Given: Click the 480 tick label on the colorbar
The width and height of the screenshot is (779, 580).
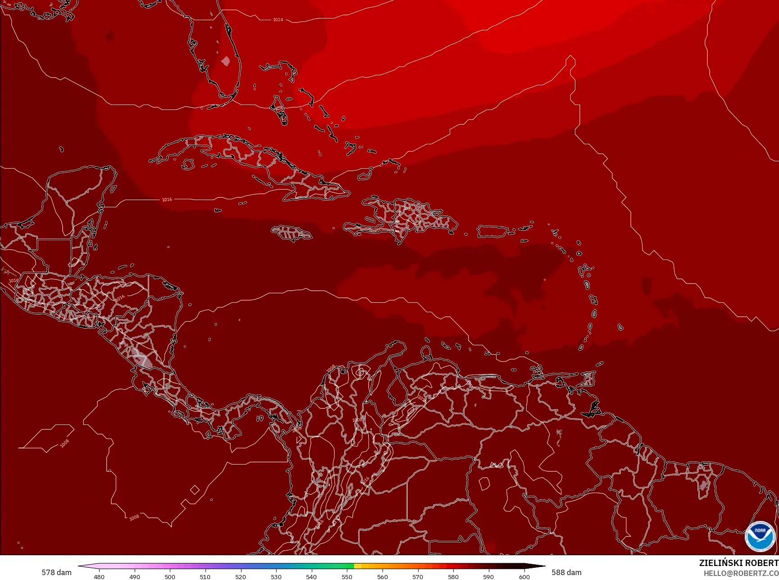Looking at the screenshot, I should [x=99, y=576].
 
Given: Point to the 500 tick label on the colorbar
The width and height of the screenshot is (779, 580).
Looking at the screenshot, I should [x=170, y=576].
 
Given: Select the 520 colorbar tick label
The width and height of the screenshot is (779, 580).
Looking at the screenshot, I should [x=241, y=576].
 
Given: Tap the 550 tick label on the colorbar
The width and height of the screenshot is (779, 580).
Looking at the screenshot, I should [x=347, y=576].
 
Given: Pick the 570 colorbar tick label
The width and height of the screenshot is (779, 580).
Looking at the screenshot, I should [x=418, y=576].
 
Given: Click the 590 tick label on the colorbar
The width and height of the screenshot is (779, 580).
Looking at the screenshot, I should [x=488, y=576].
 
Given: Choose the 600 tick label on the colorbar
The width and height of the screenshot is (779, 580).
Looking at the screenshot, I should [x=524, y=576].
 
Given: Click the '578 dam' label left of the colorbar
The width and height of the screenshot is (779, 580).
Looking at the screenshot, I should [x=56, y=572].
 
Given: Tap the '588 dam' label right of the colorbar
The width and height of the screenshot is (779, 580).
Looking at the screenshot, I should [x=566, y=572].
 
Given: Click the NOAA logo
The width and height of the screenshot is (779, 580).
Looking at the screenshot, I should [x=760, y=536].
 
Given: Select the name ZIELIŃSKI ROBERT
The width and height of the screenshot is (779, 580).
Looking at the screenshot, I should [x=738, y=563].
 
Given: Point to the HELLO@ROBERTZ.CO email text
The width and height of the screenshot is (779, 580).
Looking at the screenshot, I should [x=741, y=573].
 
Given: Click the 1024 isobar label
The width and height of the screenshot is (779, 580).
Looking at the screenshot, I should [x=278, y=20].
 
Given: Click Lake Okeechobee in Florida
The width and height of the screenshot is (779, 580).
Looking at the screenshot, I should [x=226, y=61].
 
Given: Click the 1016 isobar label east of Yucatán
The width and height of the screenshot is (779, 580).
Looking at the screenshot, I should [x=167, y=199].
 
